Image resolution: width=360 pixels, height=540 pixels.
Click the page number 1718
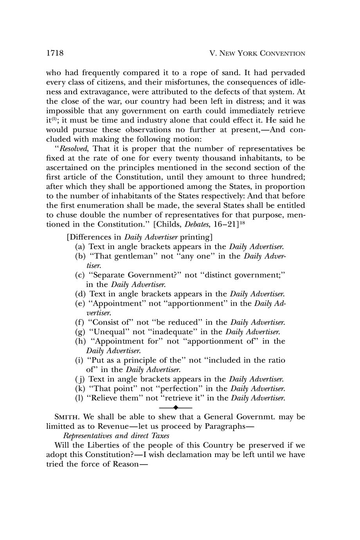pyautogui.click(x=55, y=53)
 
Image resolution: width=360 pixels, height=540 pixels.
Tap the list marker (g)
pyautogui.click(x=80, y=332)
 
